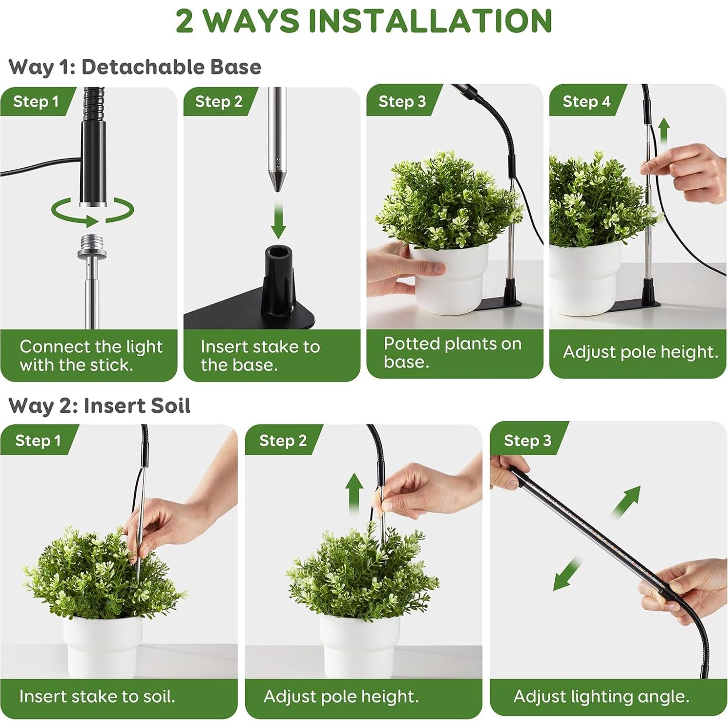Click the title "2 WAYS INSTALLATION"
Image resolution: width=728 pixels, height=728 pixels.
364,20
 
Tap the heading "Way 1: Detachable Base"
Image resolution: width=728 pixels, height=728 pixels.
135,67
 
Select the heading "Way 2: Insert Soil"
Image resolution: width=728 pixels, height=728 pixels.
99,405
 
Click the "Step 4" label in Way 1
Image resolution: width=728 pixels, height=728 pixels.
586,101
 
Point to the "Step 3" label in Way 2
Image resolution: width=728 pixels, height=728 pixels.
528,440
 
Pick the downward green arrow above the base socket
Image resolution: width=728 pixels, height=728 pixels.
278,220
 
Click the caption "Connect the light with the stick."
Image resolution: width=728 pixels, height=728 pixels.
91,356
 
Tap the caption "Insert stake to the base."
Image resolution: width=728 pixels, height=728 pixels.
260,356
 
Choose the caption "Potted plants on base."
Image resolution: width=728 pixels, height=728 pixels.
453,352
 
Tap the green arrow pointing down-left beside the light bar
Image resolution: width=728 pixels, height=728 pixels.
567,574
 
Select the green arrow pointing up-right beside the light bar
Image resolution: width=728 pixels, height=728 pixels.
626,502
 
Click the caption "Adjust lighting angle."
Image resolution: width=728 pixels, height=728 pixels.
601,697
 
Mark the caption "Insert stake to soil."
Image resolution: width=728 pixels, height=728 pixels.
97,696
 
